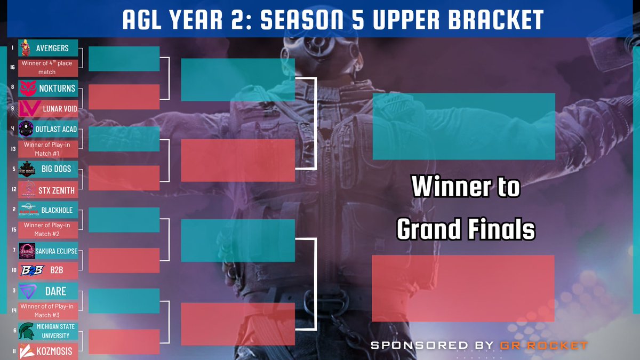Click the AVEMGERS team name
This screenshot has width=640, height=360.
(x=52, y=48)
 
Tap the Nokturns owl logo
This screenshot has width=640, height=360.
(x=28, y=89)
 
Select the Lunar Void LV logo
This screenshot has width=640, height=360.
(x=29, y=109)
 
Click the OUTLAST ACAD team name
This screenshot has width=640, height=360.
(x=56, y=129)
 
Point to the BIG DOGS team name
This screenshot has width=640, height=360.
(x=57, y=169)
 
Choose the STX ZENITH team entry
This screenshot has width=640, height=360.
(x=48, y=190)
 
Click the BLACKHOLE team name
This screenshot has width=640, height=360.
(x=57, y=210)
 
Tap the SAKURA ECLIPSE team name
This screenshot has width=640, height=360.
(x=57, y=251)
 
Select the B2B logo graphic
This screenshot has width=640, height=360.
(x=33, y=270)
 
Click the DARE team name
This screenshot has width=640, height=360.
(x=55, y=291)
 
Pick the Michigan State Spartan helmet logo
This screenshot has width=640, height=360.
(x=27, y=331)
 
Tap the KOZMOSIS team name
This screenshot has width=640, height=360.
(x=54, y=351)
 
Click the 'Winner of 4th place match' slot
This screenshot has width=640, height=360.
(x=48, y=68)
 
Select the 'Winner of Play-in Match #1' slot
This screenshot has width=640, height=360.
(x=48, y=149)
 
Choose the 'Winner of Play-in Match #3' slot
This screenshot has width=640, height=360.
(x=48, y=311)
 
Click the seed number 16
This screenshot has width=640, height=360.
(x=13, y=67)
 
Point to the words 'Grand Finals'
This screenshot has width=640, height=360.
(x=466, y=229)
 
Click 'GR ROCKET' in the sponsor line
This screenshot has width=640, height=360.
(x=543, y=346)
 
